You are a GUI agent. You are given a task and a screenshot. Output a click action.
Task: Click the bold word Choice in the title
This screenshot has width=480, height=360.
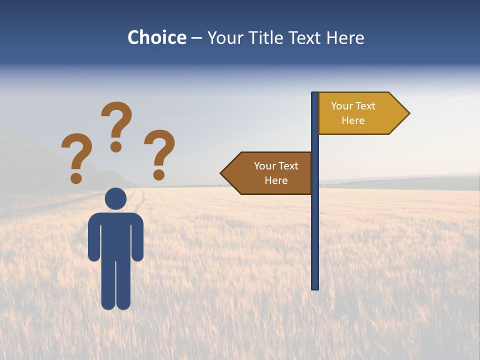[x=156, y=37]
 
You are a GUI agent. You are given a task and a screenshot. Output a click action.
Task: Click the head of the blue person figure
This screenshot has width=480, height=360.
[x=115, y=198]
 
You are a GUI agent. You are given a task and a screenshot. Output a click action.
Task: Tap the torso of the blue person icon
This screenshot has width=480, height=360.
[x=115, y=235]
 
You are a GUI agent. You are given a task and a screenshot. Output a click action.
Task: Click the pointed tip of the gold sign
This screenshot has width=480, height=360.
[x=407, y=113]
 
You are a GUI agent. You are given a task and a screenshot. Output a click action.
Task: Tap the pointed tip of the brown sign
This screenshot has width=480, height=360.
[x=223, y=173]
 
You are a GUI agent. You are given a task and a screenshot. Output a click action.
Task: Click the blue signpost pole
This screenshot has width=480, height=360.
[x=315, y=225]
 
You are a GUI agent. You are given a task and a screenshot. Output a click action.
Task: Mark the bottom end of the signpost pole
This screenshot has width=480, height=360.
[x=315, y=287]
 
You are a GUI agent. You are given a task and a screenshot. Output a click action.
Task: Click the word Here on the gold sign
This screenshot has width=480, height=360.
[x=353, y=120]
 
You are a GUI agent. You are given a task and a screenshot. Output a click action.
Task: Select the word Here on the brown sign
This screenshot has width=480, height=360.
[x=276, y=180]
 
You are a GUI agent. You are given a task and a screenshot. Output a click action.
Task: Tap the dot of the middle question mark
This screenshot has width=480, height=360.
[x=116, y=146]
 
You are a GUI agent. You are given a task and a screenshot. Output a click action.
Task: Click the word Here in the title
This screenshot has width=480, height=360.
[x=345, y=37]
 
